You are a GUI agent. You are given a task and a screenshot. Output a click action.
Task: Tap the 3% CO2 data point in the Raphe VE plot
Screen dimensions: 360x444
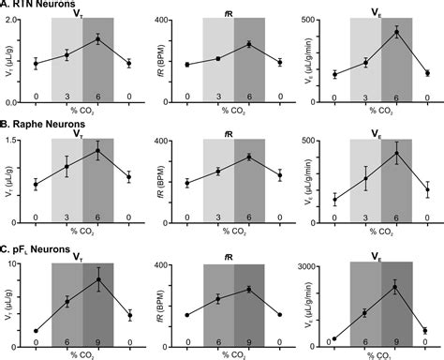365,178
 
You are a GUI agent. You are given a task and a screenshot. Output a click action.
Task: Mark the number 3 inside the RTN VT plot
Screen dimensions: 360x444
67,97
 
